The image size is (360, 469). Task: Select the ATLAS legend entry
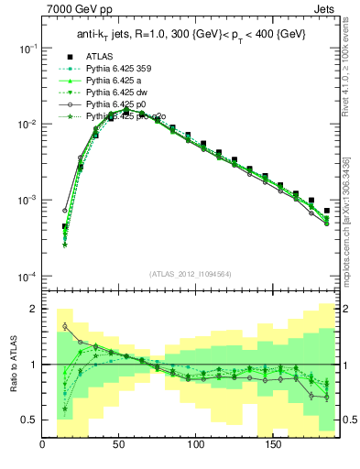(x=102, y=55)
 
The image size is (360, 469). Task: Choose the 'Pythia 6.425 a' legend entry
(x=116, y=80)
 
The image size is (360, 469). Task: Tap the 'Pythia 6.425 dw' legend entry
(x=119, y=93)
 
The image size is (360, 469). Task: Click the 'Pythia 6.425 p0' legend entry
(x=119, y=105)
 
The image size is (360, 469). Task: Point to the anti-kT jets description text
(x=190, y=34)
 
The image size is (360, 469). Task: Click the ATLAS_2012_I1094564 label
(x=190, y=273)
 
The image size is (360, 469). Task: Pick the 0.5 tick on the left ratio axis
(x=29, y=420)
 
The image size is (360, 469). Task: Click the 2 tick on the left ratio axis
(x=34, y=309)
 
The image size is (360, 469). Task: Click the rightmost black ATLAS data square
(x=326, y=210)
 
